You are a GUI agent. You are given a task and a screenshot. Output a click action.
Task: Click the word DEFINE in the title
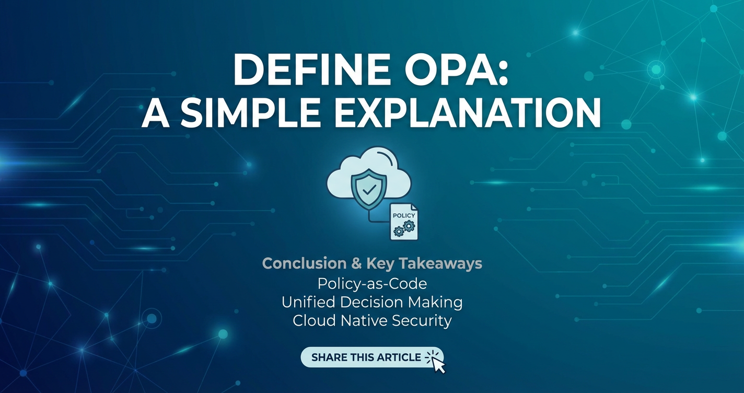pyautogui.click(x=307, y=70)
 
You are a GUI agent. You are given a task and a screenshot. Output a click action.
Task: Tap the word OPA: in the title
pyautogui.click(x=452, y=70)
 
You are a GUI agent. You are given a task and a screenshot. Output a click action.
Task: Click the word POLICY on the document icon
pyautogui.click(x=404, y=216)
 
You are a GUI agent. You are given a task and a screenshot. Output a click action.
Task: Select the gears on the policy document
pyautogui.click(x=402, y=228)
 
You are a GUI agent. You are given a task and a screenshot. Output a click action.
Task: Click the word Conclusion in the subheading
pyautogui.click(x=304, y=263)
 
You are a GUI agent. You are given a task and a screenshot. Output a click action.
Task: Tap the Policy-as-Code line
pyautogui.click(x=372, y=284)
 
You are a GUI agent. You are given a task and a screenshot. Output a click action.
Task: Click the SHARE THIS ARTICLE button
pyautogui.click(x=372, y=357)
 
